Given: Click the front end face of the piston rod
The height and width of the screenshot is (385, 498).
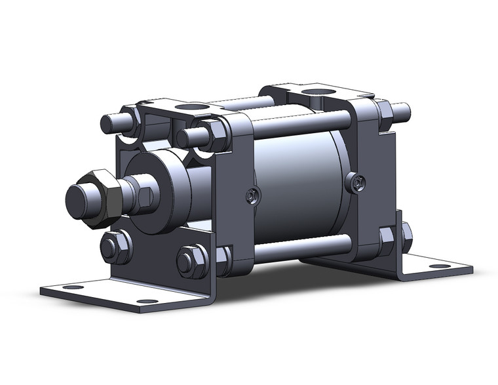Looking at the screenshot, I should [79, 197].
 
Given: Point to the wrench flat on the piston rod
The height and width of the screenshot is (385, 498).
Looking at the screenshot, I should [147, 195].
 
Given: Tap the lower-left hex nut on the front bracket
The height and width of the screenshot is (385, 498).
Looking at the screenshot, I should [115, 247].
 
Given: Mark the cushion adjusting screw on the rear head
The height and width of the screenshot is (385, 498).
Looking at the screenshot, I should [356, 183].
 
